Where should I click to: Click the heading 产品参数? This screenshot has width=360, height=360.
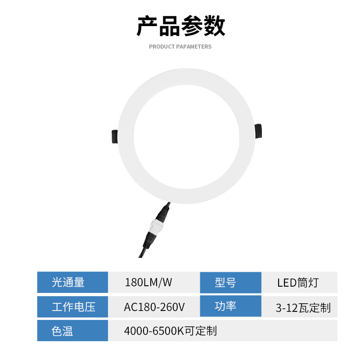coord(180,27)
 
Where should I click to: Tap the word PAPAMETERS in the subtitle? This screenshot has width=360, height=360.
coord(194,47)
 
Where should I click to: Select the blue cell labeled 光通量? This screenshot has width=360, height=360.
coord(72,283)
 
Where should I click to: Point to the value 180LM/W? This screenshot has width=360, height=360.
coord(148,283)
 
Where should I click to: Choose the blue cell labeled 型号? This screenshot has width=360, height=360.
coord(230,283)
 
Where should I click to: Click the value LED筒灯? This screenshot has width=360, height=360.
coord(298,283)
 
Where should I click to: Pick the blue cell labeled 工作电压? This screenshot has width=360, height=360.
coord(72,307)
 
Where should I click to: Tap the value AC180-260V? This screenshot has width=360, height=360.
coord(154,307)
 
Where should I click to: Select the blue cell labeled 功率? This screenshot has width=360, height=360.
coord(230,307)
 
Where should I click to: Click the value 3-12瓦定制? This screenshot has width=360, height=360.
coord(303,308)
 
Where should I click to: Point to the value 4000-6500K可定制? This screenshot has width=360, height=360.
coord(171,331)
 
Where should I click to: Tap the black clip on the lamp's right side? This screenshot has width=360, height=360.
coord(260,131)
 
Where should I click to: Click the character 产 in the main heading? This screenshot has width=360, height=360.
coord(147,27)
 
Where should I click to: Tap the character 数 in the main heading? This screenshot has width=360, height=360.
coord(214,27)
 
